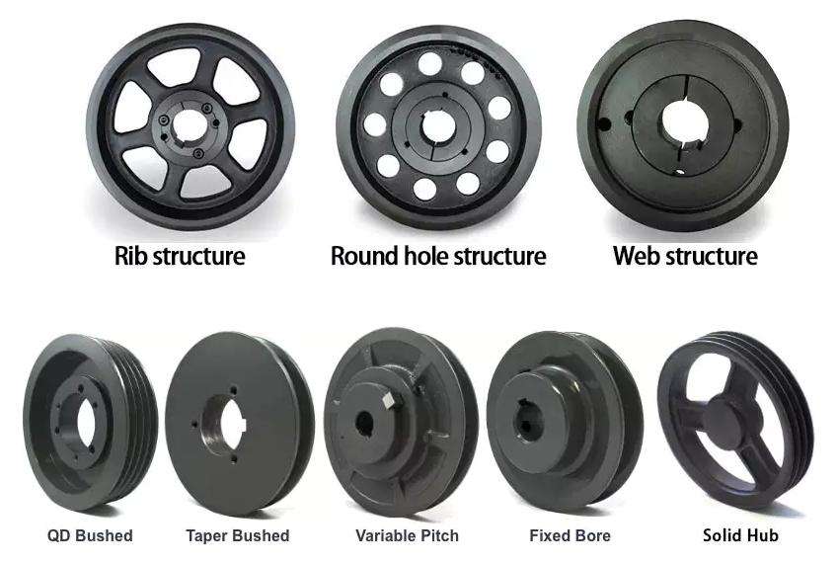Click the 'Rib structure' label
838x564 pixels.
tap(180, 257)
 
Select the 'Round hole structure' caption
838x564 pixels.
tap(437, 257)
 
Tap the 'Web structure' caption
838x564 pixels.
tap(685, 257)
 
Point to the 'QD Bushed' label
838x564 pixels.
tap(90, 535)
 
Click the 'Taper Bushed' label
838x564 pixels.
tap(237, 535)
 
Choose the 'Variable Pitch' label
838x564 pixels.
tap(407, 535)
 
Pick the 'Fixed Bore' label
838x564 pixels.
tap(570, 535)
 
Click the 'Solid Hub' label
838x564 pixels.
tap(740, 535)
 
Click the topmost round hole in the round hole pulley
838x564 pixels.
tap(431, 63)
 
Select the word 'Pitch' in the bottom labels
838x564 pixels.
tap(437, 535)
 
